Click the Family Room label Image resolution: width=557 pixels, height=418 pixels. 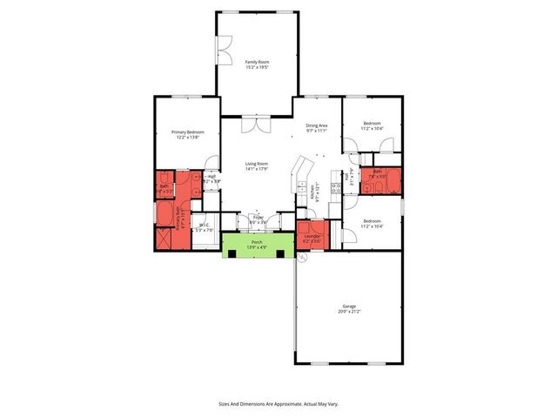(257, 62)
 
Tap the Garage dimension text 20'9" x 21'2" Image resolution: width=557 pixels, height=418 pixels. (349, 311)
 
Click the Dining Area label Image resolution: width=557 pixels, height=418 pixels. (316, 125)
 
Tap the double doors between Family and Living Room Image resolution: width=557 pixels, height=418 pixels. (256, 125)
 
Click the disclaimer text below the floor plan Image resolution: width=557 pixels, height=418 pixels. (278, 404)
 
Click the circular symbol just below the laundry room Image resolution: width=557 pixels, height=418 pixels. (301, 258)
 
